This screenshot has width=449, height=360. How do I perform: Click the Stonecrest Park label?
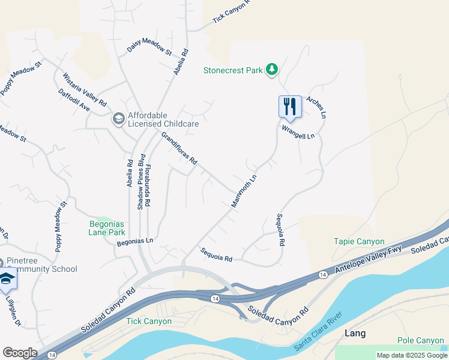click(x=233, y=70)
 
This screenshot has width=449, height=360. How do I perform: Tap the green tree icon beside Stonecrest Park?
click(x=272, y=70)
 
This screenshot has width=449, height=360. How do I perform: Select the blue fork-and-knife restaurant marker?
click(x=290, y=107)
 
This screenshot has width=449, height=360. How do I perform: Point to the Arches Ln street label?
click(x=316, y=106)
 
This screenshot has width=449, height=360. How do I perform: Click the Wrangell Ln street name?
click(x=298, y=136)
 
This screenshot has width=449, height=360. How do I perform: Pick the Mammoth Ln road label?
click(x=244, y=191)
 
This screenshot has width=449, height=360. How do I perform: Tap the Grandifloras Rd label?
click(x=179, y=149)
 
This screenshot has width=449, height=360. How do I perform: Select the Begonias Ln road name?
click(x=135, y=241)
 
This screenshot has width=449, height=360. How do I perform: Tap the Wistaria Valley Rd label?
click(x=84, y=86)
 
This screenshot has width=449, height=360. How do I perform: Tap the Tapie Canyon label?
click(x=359, y=241)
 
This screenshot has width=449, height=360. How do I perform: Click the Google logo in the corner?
click(x=20, y=353)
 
